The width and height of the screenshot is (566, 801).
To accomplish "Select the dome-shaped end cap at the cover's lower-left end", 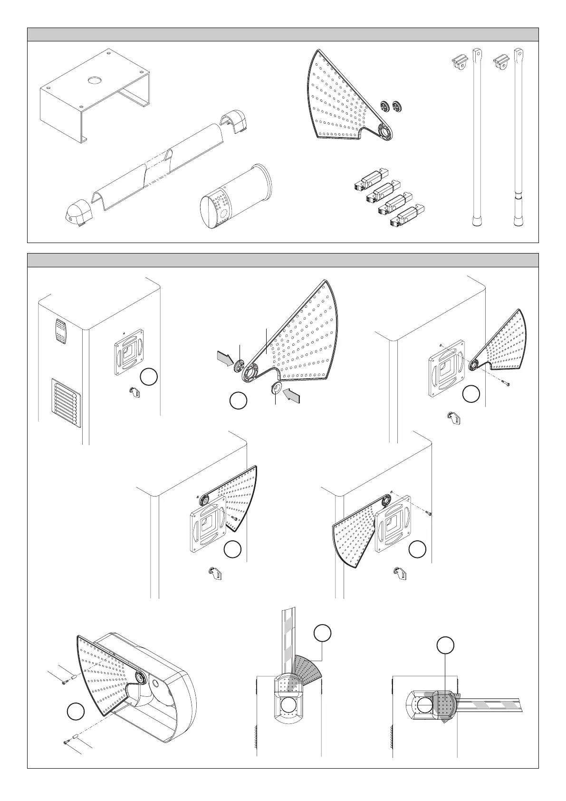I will coord(77,212).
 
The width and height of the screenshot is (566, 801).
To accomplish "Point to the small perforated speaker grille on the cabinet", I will coord(60,331).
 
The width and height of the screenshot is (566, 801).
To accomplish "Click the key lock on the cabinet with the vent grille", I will coord(134,392).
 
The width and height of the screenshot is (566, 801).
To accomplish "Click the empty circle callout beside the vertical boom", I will coord(322,634).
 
